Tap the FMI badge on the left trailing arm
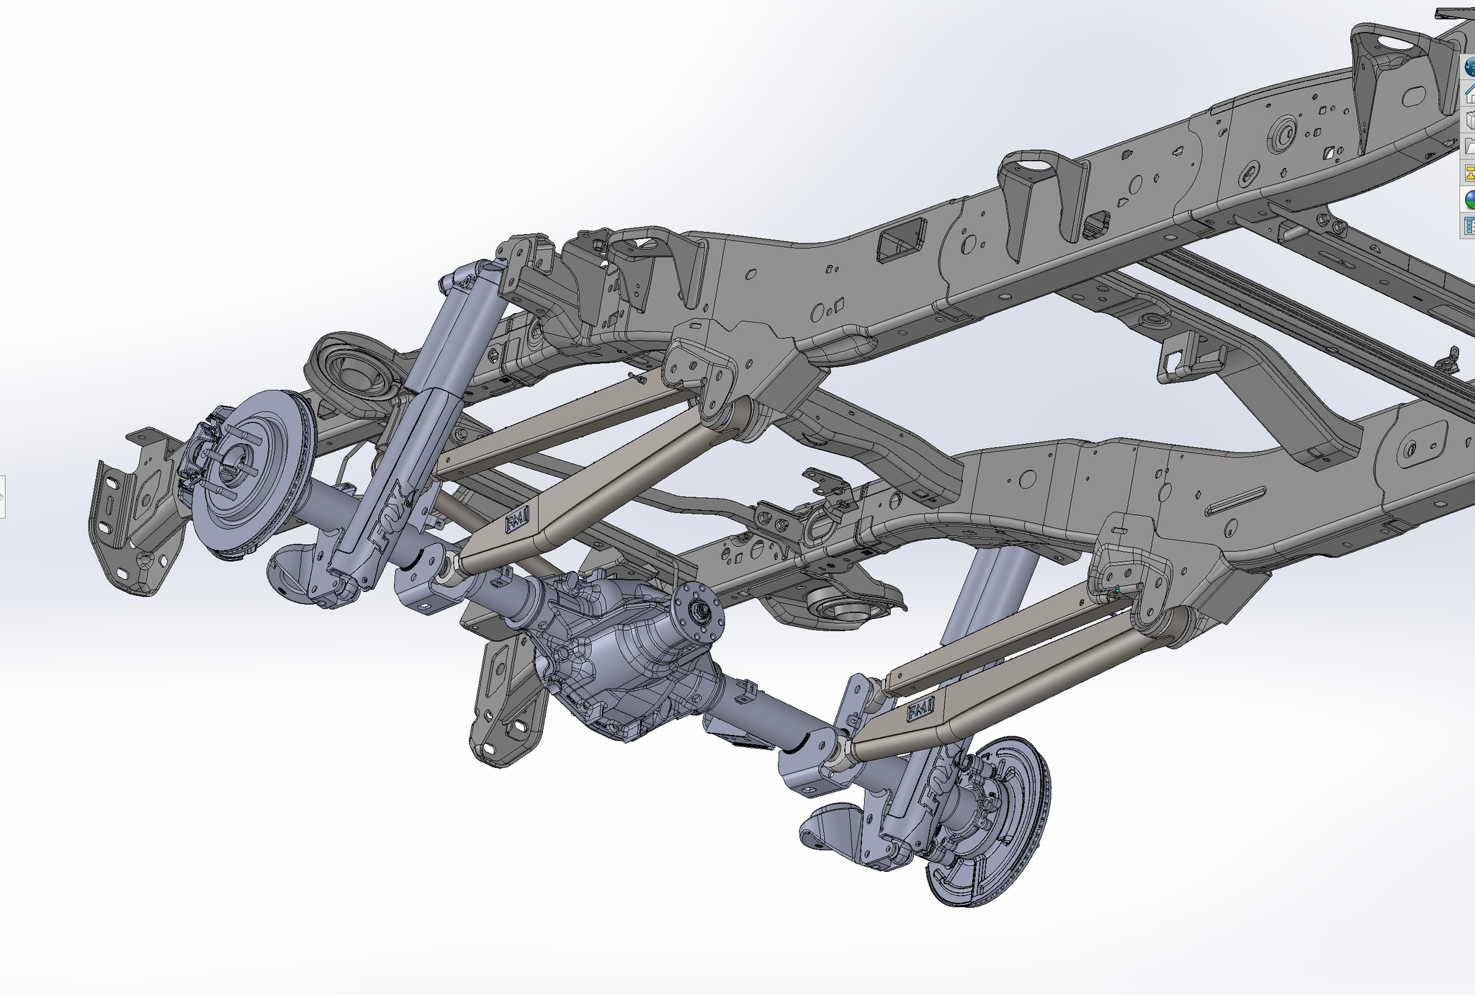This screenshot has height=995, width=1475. click(x=516, y=520)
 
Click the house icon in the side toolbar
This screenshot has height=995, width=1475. click(x=1468, y=93)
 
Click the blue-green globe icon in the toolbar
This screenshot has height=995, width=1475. click(x=1468, y=199)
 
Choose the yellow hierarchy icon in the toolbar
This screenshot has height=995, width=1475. click(x=1468, y=173)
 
